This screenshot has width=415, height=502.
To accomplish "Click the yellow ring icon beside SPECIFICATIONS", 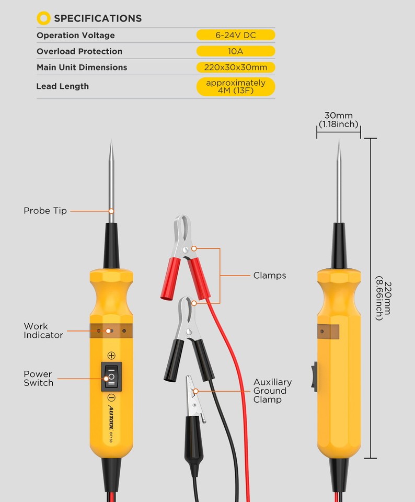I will coord(43,18).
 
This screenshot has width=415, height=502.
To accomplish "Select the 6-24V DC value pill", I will coord(236,36).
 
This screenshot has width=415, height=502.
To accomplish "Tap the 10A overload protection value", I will coord(236,51).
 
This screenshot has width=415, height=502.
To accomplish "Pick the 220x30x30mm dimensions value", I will coord(236,67).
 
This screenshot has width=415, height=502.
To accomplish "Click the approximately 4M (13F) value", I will coord(236,87).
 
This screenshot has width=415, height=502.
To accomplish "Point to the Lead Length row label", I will coord(62,86).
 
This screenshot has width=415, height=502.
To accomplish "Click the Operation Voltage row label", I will coord(75,36).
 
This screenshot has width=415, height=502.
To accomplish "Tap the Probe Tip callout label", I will coord(45,211).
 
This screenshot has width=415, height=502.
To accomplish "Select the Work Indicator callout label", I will coord(43,330).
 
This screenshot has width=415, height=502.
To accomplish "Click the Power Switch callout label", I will coord(38,378).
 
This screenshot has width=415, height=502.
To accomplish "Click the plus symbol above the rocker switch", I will coord(111,356).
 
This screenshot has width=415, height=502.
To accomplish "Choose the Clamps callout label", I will coord(270,276).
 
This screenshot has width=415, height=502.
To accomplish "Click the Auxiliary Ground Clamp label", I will coord(272,391).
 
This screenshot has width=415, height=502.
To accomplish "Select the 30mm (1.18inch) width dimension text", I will coord(338,120).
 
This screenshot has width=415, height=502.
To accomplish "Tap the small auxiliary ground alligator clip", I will coord(194,413).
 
